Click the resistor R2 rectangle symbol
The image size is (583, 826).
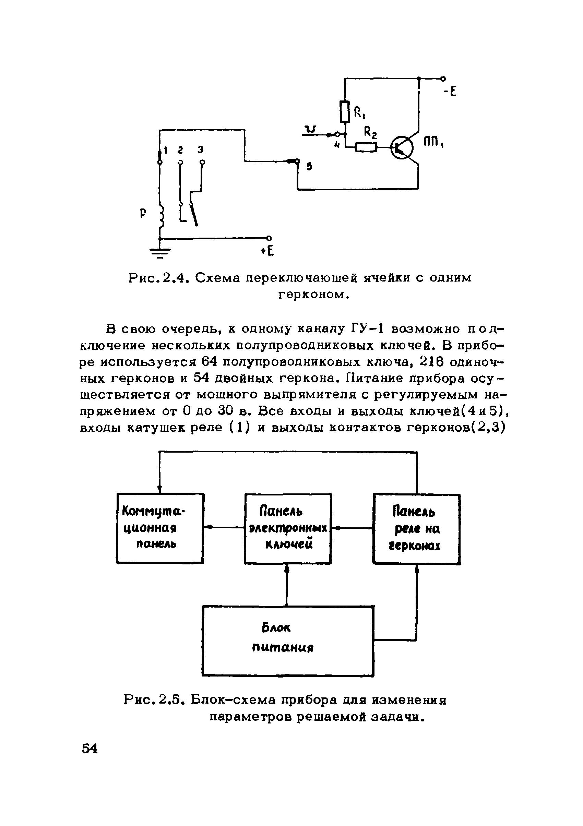coord(366,147)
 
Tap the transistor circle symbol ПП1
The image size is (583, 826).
coord(402,147)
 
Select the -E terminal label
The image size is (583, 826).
coord(450,92)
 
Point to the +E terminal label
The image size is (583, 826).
coord(267,251)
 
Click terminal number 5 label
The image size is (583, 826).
coord(309,167)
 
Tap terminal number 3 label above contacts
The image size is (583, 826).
coord(201,149)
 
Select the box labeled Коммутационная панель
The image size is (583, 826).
coord(160,528)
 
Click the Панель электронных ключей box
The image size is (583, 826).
coord(288,528)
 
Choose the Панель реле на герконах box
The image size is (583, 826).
coord(416,529)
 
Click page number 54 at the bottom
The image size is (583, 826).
coord(90,749)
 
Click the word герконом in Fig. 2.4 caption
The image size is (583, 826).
coord(313,295)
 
